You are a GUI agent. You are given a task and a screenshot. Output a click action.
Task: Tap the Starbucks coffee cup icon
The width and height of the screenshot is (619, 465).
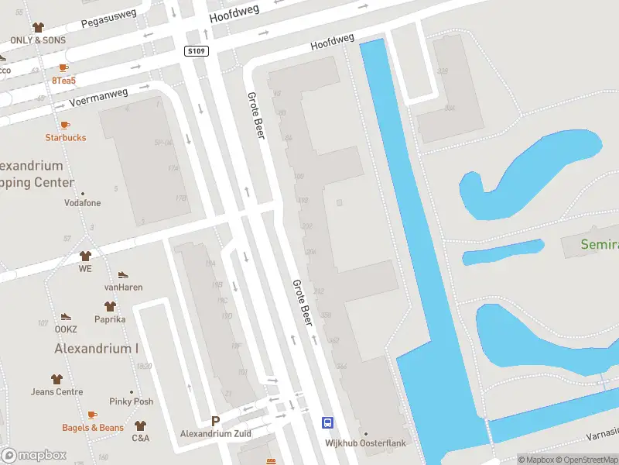[65, 125]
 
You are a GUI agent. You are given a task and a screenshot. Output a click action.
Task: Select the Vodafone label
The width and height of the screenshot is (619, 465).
[82, 203]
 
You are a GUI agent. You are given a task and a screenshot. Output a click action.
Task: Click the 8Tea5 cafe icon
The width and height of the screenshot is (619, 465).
[63, 68]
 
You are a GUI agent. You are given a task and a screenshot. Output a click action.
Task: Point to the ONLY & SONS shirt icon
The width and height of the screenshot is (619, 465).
[38, 27]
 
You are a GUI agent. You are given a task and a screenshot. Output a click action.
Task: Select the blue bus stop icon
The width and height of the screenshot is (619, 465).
[328, 422]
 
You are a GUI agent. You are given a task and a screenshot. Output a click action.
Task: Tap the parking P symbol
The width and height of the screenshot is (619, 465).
[216, 421]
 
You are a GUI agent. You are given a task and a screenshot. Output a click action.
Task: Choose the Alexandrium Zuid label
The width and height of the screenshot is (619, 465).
[216, 433]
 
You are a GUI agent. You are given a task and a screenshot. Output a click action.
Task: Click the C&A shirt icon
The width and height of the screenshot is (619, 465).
[140, 425]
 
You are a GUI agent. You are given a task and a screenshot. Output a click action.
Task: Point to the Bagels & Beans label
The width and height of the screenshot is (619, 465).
[93, 428]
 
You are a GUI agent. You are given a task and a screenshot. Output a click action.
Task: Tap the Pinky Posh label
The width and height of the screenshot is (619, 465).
[132, 401]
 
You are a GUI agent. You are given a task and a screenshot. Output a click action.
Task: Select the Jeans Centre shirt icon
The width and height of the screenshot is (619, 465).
[56, 379]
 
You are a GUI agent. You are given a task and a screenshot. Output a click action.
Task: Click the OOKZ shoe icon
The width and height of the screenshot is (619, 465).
[66, 317]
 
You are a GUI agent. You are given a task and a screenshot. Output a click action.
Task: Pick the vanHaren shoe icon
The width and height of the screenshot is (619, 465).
[123, 275]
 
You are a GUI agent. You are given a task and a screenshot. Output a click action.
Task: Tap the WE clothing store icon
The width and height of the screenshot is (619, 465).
[85, 256]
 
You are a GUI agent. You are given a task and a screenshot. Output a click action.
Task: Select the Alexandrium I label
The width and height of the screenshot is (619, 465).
[96, 349]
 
